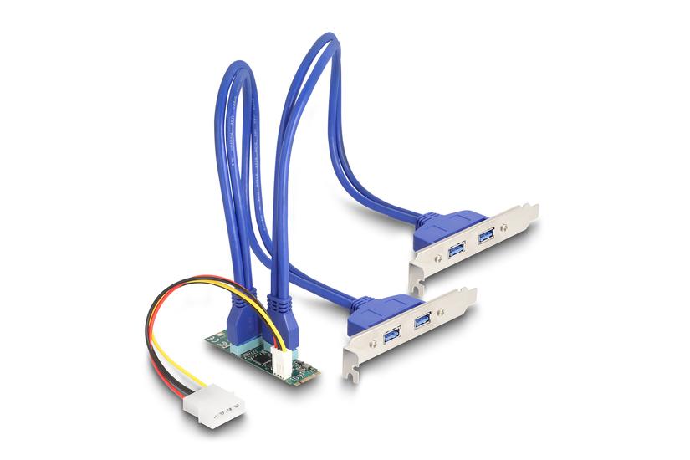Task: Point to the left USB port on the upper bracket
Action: (457, 249)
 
